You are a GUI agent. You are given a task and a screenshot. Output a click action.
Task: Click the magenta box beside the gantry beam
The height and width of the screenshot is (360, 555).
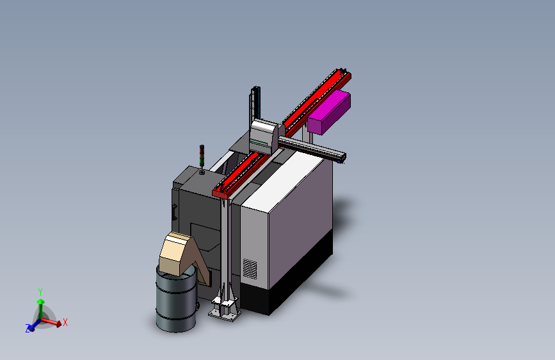(329, 112)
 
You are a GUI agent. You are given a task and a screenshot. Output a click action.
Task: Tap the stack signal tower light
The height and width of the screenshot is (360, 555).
(202, 155)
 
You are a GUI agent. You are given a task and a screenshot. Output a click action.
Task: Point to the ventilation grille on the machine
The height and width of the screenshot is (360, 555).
(250, 269)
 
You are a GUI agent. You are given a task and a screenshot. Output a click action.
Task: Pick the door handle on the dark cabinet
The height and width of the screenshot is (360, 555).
(174, 211)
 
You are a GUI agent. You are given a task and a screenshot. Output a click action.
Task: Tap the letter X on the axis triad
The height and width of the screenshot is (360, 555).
(65, 322)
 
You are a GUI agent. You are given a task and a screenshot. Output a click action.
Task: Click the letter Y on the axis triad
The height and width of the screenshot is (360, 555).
(40, 291)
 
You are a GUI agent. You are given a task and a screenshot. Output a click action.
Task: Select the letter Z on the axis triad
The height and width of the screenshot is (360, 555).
(28, 329)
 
